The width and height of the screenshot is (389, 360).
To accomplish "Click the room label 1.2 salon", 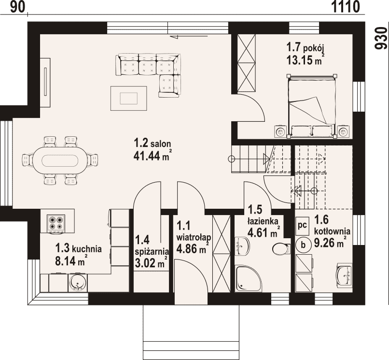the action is (153, 144).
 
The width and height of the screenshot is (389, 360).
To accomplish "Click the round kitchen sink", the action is (78, 283).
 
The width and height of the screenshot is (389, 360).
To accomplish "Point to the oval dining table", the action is (60, 161).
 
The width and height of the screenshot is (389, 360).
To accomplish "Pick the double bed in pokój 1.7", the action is (311, 106).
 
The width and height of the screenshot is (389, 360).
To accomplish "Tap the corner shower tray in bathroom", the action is (248, 278).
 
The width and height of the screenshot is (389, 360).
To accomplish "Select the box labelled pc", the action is (303, 225).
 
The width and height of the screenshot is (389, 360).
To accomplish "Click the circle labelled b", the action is (303, 245).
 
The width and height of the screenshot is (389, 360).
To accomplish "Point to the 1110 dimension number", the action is (346, 7).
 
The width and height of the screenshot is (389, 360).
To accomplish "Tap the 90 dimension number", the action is (18, 7).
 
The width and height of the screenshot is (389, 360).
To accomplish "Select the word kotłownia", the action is (332, 231).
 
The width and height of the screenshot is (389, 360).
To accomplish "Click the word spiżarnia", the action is (152, 252).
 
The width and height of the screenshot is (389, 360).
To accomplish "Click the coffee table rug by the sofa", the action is (128, 98).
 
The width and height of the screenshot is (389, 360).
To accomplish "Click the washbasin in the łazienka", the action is (242, 245).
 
